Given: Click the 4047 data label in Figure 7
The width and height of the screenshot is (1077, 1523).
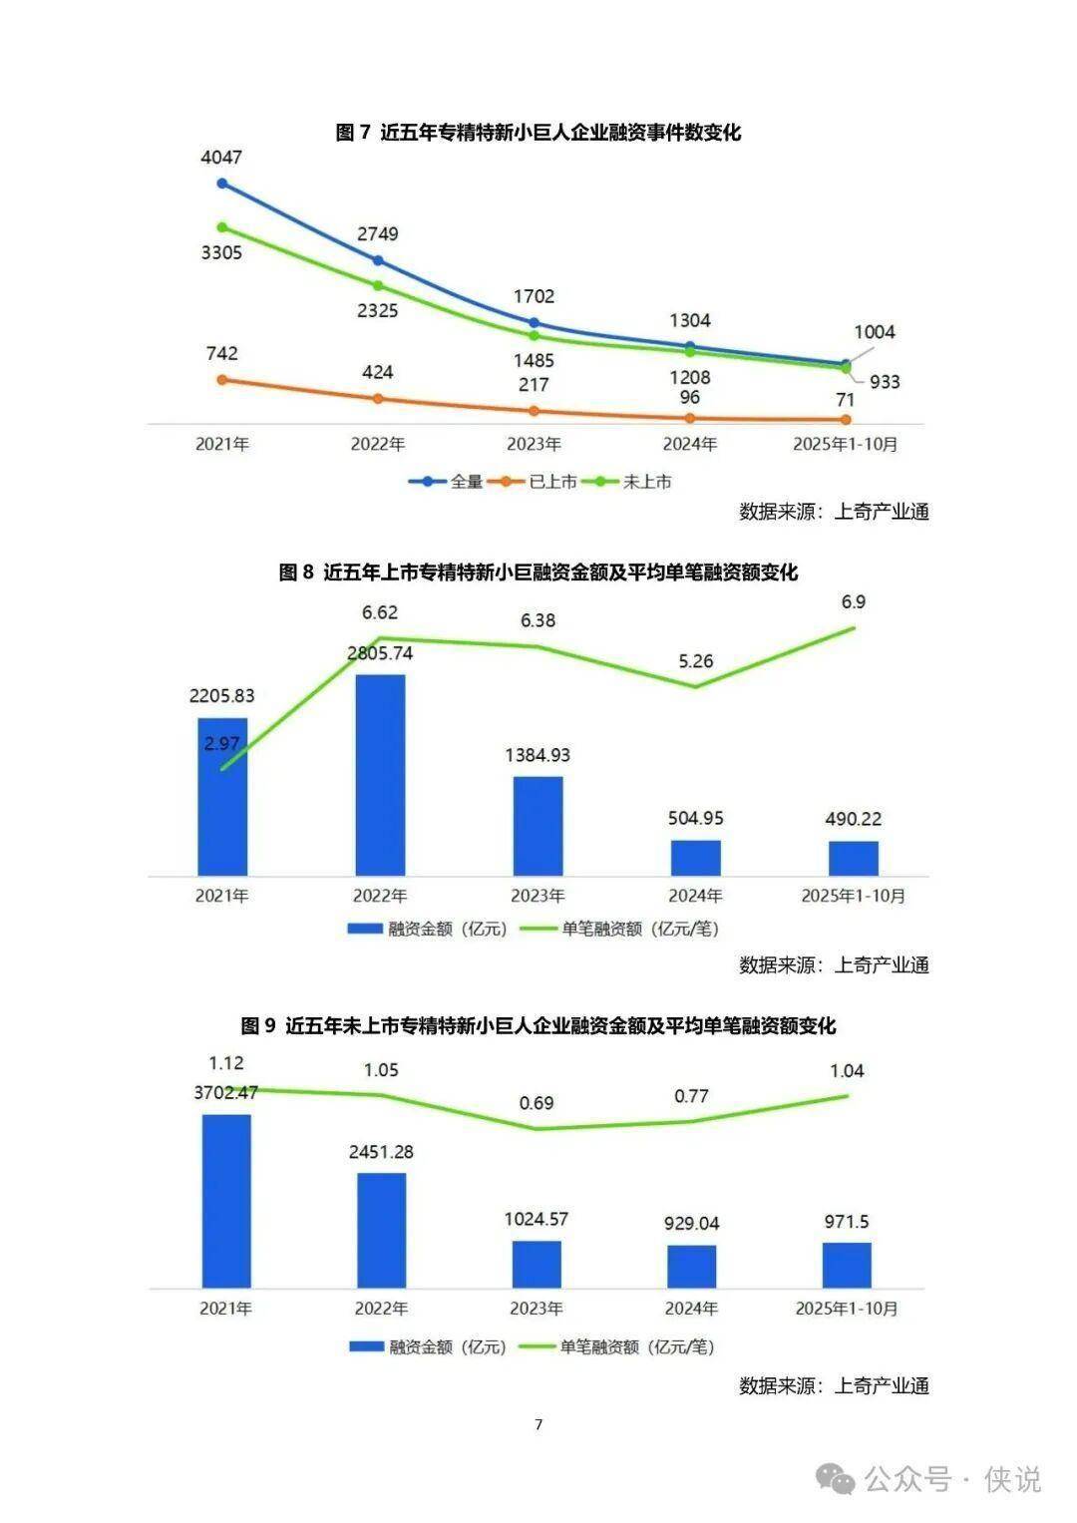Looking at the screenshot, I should point(221,158).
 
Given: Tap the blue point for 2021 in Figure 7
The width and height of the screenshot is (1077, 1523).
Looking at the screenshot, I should point(222,184).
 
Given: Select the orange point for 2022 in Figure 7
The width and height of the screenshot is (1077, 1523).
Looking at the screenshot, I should point(378,399).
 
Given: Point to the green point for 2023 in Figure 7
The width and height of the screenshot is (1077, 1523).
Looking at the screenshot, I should point(535,335).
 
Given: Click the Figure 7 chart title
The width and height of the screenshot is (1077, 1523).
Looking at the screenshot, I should point(538,133).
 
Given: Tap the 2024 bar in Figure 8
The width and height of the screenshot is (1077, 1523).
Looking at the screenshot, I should point(695,858).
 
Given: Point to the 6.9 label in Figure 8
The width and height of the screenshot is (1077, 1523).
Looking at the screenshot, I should point(854,602).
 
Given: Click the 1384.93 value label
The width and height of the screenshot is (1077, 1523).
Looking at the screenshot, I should point(538,755).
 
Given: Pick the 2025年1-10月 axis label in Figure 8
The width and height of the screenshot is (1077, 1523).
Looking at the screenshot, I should point(854,896).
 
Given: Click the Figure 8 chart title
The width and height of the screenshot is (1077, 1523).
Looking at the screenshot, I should point(538,572).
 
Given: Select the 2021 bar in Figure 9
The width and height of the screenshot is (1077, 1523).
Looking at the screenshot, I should point(225,1201).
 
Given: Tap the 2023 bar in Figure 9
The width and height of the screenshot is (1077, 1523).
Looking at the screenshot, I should point(537,1264).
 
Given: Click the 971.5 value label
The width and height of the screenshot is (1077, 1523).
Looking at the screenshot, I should point(847,1222).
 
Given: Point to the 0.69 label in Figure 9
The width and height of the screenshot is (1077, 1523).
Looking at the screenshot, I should point(537,1103).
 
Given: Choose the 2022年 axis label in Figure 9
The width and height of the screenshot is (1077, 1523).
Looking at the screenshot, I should point(381,1308).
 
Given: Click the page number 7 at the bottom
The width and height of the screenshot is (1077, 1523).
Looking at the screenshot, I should point(538,1424).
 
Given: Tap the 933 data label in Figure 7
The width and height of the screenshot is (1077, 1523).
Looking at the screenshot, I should point(885,382).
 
